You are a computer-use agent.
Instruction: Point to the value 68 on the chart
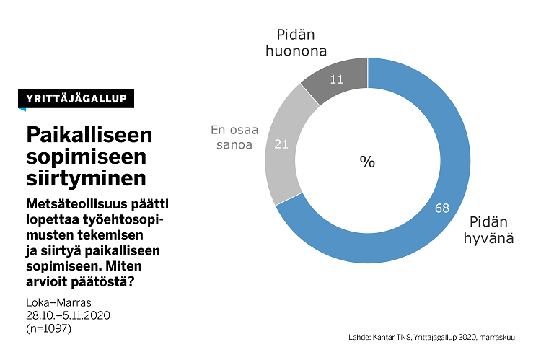pyautogui.click(x=442, y=208)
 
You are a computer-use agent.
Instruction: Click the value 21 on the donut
pyautogui.click(x=282, y=144)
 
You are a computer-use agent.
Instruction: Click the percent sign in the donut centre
pyautogui.click(x=367, y=162)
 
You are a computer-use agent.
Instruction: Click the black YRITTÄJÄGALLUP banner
pyautogui.click(x=76, y=99)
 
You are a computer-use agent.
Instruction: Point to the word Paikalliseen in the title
pyautogui.click(x=89, y=135)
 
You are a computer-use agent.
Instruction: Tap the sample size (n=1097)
pyautogui.click(x=49, y=329)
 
